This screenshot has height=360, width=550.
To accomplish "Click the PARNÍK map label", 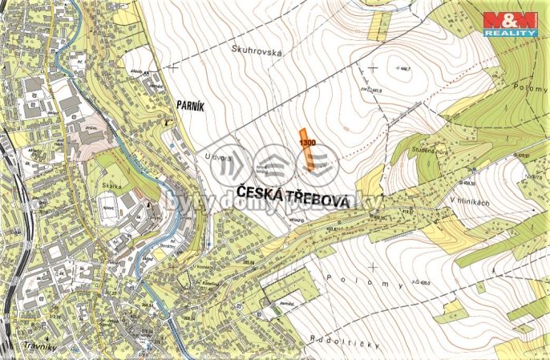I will coord(190,103).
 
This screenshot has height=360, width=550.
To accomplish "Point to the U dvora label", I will coord(218,159).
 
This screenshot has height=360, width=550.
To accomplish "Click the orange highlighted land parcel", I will coord(306,151).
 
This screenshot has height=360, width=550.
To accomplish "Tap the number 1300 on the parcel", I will coord(306,142).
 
